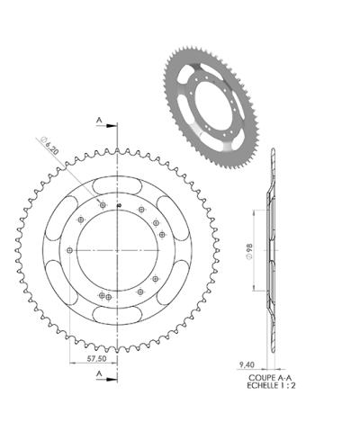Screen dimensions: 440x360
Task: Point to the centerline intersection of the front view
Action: (119, 249)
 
